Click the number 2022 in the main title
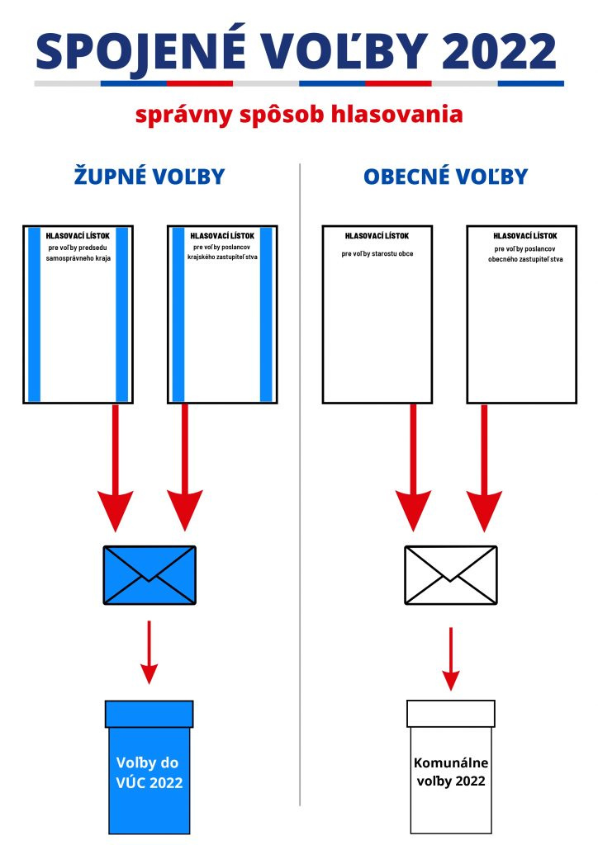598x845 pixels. tap(500, 51)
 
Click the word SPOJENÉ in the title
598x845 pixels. tap(140, 51)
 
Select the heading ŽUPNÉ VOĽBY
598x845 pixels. tap(149, 177)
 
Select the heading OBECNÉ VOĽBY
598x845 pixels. tap(445, 177)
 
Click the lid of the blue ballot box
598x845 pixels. tap(149, 713)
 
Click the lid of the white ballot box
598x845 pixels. tap(450, 713)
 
